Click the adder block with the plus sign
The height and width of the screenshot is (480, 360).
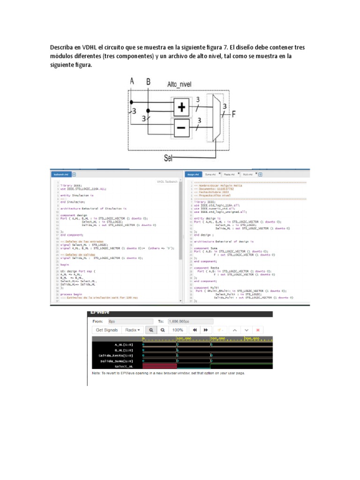tap(181, 107)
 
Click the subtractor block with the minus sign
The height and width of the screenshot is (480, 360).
tap(181, 127)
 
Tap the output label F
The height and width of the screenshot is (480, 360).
tap(233, 113)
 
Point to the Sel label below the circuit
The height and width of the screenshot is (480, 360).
tap(169, 157)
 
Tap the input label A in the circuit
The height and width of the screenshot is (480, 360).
tap(132, 82)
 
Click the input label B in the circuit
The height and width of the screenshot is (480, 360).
tap(149, 82)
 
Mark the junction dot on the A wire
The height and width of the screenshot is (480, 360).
tap(132, 101)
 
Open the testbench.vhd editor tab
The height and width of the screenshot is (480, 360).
tap(61, 174)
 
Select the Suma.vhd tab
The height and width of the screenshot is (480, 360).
tap(210, 174)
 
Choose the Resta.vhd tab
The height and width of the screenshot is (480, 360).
tap(228, 174)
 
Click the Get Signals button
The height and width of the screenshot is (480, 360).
tap(107, 330)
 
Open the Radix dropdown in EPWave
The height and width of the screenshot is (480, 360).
tap(133, 330)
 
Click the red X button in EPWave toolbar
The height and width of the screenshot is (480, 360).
tap(258, 330)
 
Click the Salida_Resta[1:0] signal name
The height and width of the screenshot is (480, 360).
tap(116, 355)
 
